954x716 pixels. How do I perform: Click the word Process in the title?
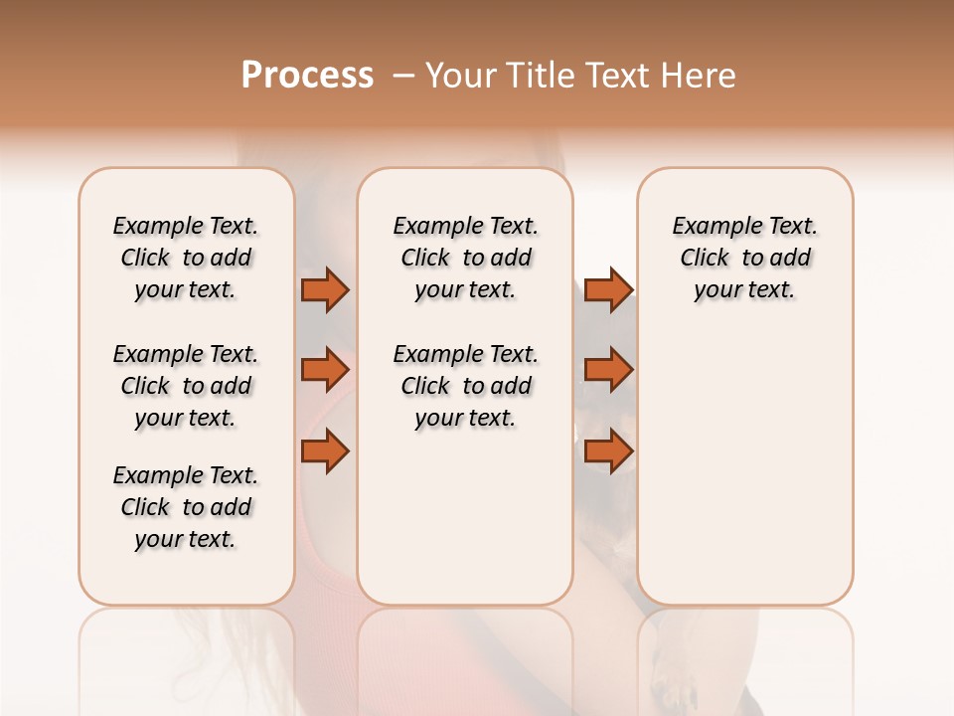(x=307, y=76)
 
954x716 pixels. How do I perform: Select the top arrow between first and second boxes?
(x=325, y=289)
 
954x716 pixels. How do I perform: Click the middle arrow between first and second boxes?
(x=325, y=370)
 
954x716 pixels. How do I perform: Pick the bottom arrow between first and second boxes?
(x=325, y=450)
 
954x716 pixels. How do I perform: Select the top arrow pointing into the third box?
(x=607, y=289)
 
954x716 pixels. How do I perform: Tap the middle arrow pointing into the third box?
(x=607, y=370)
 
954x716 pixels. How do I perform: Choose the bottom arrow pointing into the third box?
(x=607, y=450)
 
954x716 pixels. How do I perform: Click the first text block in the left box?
(x=186, y=258)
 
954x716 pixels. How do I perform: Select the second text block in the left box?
(x=186, y=386)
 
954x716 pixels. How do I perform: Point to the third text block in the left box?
(x=186, y=507)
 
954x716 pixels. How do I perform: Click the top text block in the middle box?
(x=465, y=258)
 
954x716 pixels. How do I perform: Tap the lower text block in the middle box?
(x=465, y=386)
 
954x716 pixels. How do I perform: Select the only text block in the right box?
(x=744, y=258)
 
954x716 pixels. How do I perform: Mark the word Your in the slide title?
(x=459, y=76)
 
